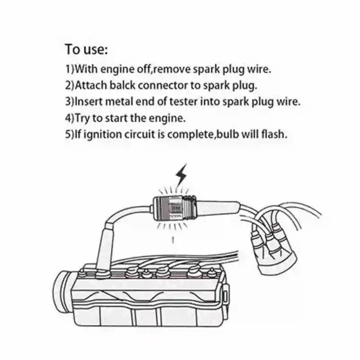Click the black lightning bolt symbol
(x=182, y=175)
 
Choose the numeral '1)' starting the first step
(x=69, y=70)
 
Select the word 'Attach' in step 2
(x=91, y=85)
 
